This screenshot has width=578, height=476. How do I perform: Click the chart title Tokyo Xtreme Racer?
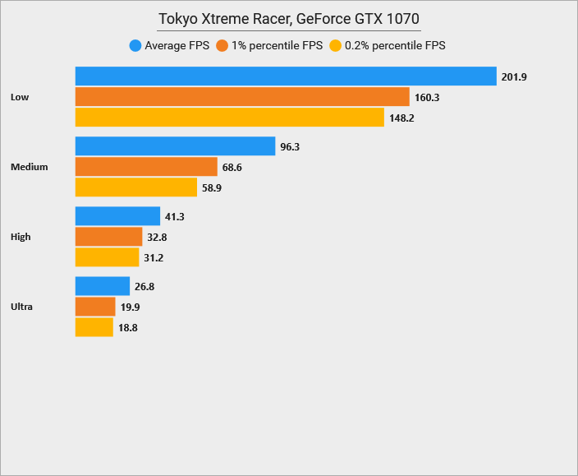click(289, 19)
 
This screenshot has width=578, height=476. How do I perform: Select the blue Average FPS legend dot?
click(135, 46)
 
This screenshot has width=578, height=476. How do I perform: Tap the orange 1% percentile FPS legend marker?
click(222, 46)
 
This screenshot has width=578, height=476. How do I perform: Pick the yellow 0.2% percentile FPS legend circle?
click(335, 46)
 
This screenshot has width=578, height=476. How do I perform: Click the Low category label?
click(20, 97)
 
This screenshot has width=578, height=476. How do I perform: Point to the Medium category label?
click(30, 167)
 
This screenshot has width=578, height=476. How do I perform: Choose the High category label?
click(21, 237)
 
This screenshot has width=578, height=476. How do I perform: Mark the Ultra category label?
click(22, 307)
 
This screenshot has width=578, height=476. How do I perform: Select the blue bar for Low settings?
click(286, 76)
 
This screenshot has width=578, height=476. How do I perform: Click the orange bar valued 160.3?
click(242, 97)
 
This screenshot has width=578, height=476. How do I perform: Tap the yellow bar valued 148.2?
click(230, 118)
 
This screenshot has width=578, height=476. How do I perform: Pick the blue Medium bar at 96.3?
click(175, 146)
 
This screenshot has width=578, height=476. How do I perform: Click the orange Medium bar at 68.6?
click(146, 167)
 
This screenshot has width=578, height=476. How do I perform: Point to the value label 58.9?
click(212, 187)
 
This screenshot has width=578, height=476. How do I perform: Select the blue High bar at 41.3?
click(117, 216)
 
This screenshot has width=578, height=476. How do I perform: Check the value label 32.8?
click(157, 237)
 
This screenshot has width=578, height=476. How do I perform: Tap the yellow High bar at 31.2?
click(107, 257)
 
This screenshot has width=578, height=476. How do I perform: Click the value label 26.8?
click(144, 286)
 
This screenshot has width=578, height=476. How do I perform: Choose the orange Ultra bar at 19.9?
click(95, 307)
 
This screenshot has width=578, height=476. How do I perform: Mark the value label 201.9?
click(513, 76)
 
